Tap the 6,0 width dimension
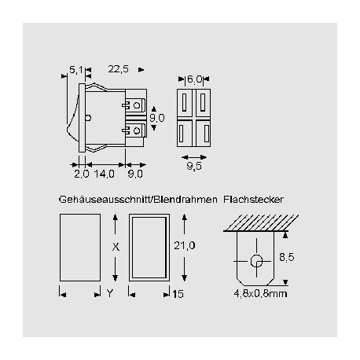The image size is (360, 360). coord(195,79)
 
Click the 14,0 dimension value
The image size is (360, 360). coord(105,173)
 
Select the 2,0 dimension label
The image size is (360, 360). coord(81,173)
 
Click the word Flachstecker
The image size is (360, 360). coord(255,199)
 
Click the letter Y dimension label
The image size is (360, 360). coord(109,294)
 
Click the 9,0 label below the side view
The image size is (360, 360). coord(134,173)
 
